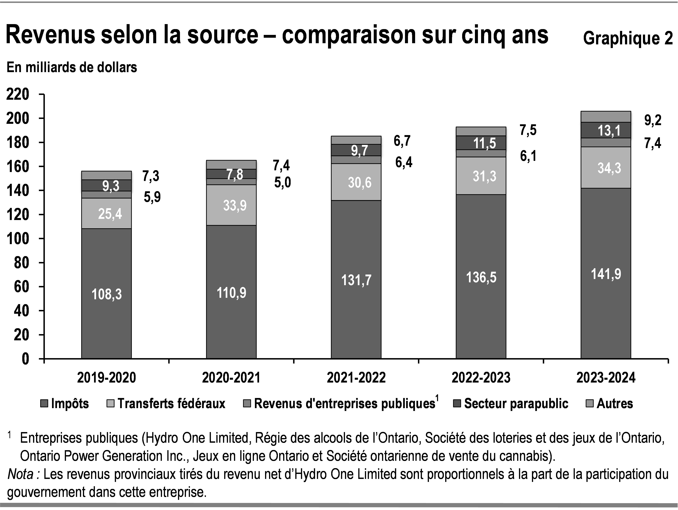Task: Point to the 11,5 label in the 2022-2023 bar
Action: (484, 143)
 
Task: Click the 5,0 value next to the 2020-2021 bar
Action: (282, 183)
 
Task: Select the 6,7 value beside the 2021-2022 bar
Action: (402, 141)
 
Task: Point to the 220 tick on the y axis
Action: (17, 94)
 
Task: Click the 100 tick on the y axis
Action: (17, 239)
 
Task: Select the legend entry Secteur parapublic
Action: (516, 404)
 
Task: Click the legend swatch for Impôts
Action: (44, 404)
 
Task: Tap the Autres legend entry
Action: (614, 404)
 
